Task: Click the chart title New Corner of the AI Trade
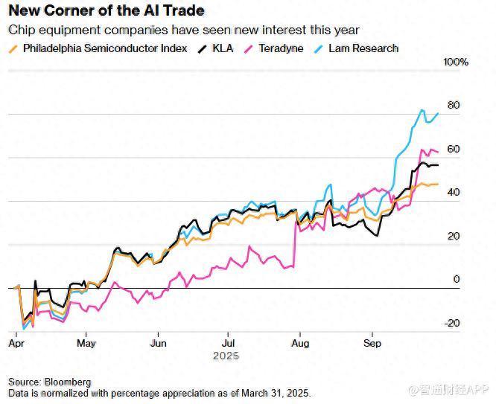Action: (x=106, y=11)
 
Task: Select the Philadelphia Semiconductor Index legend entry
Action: (x=105, y=48)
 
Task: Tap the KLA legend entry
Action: (x=222, y=48)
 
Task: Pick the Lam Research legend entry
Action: (x=364, y=48)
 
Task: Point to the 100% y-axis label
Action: (x=455, y=62)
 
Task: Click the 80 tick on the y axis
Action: (x=453, y=105)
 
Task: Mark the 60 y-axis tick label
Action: (x=453, y=149)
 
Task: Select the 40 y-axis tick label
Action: (x=453, y=192)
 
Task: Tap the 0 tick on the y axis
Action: (x=457, y=279)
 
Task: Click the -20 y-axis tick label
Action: (x=451, y=323)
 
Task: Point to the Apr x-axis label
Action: (x=16, y=343)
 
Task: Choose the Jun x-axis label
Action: (x=158, y=343)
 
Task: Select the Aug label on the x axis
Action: (x=299, y=343)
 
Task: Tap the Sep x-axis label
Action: (x=372, y=343)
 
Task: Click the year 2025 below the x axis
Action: (x=226, y=356)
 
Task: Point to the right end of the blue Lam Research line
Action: (x=438, y=113)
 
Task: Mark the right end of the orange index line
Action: (x=438, y=184)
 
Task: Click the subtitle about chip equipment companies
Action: (x=184, y=31)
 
